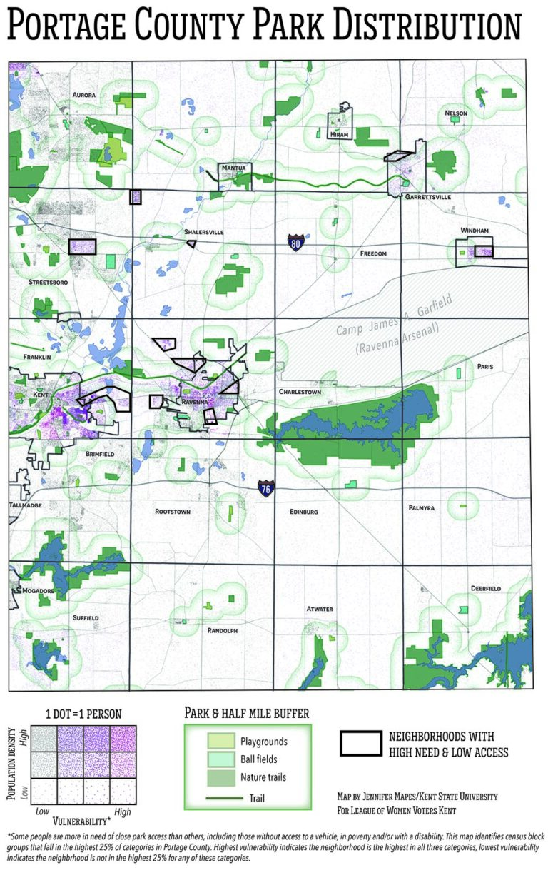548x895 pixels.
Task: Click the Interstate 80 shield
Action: tap(295, 242)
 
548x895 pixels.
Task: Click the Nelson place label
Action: tap(455, 113)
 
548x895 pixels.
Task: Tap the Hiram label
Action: tap(338, 133)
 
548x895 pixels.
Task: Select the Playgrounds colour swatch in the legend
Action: tap(221, 742)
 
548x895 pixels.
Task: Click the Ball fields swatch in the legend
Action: tap(221, 759)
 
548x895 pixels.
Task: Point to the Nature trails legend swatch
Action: tap(221, 777)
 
